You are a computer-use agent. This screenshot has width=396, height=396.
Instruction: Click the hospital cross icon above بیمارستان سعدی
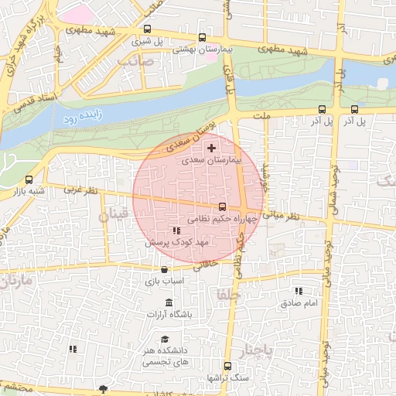point(212,147)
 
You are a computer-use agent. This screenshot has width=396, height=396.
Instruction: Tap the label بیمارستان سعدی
point(212,162)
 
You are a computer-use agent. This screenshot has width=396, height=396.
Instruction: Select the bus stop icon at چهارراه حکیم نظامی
point(223,207)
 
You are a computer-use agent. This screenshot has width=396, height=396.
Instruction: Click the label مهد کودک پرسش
point(177,243)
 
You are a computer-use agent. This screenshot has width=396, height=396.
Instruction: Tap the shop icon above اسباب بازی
point(164,270)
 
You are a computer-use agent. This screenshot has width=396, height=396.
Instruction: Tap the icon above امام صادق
point(299,291)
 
